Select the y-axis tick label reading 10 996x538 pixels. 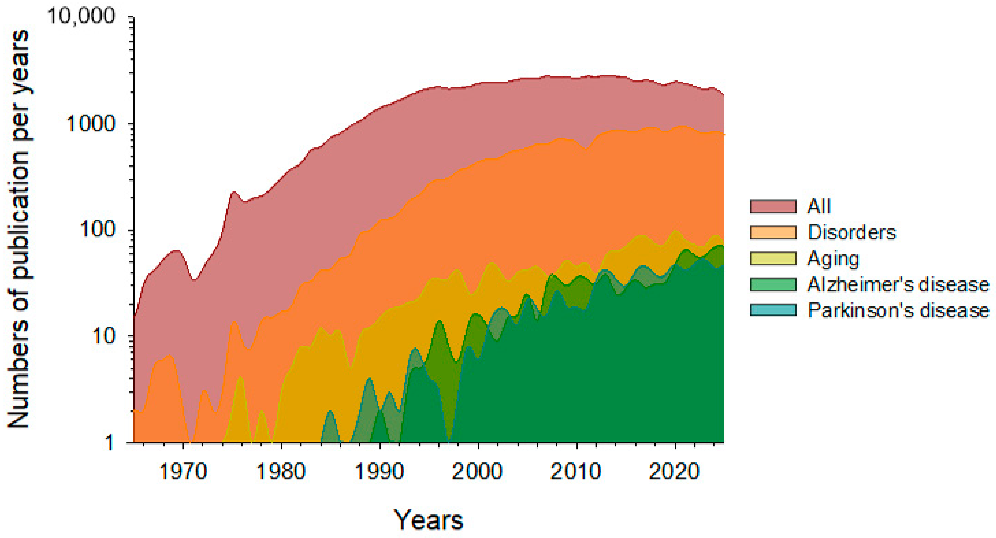coord(104,336)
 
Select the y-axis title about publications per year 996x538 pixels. coord(19,228)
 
